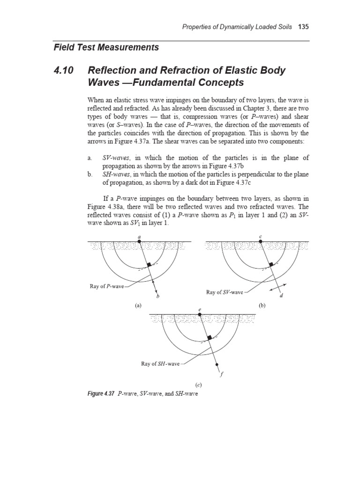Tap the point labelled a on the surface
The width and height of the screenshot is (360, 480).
(x=139, y=241)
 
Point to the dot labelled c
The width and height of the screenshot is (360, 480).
(x=260, y=241)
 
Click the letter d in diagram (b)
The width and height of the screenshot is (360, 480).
(x=281, y=295)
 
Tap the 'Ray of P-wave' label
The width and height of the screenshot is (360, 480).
(x=107, y=285)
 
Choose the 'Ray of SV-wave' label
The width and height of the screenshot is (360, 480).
(x=225, y=292)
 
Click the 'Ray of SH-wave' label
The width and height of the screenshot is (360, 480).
(x=160, y=363)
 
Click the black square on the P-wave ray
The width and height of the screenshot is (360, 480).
(x=148, y=265)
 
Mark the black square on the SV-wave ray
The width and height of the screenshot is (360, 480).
(x=269, y=265)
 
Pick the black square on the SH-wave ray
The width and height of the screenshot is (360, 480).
(x=210, y=337)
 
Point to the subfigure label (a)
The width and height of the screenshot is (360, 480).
(x=138, y=305)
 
